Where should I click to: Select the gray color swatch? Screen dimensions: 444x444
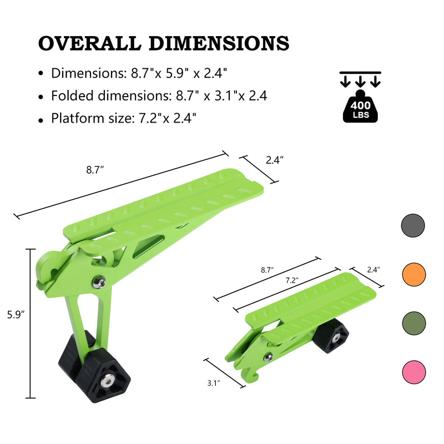pos(413,225)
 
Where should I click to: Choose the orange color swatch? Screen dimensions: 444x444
pos(413,274)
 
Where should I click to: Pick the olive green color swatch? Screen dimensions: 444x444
pos(413,322)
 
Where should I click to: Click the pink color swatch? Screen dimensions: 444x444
pos(413,371)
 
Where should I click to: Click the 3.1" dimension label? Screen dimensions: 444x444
pos(214,384)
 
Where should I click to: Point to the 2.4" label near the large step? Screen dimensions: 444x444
pos(275,160)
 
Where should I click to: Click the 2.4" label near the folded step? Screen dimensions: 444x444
pos(374,270)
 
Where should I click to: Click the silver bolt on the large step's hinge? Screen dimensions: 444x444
pos(99,283)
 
